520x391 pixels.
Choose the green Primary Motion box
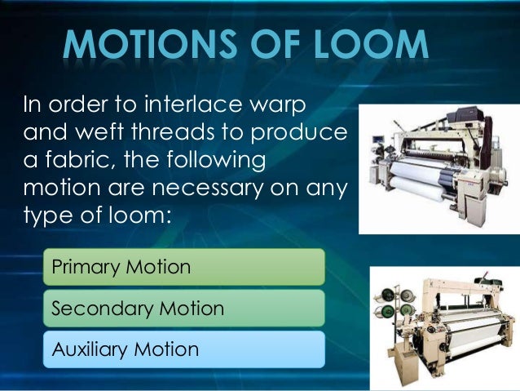coord(183,267)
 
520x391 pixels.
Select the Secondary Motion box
coord(183,309)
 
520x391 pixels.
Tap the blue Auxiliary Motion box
coord(183,349)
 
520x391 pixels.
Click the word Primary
coord(85,267)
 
